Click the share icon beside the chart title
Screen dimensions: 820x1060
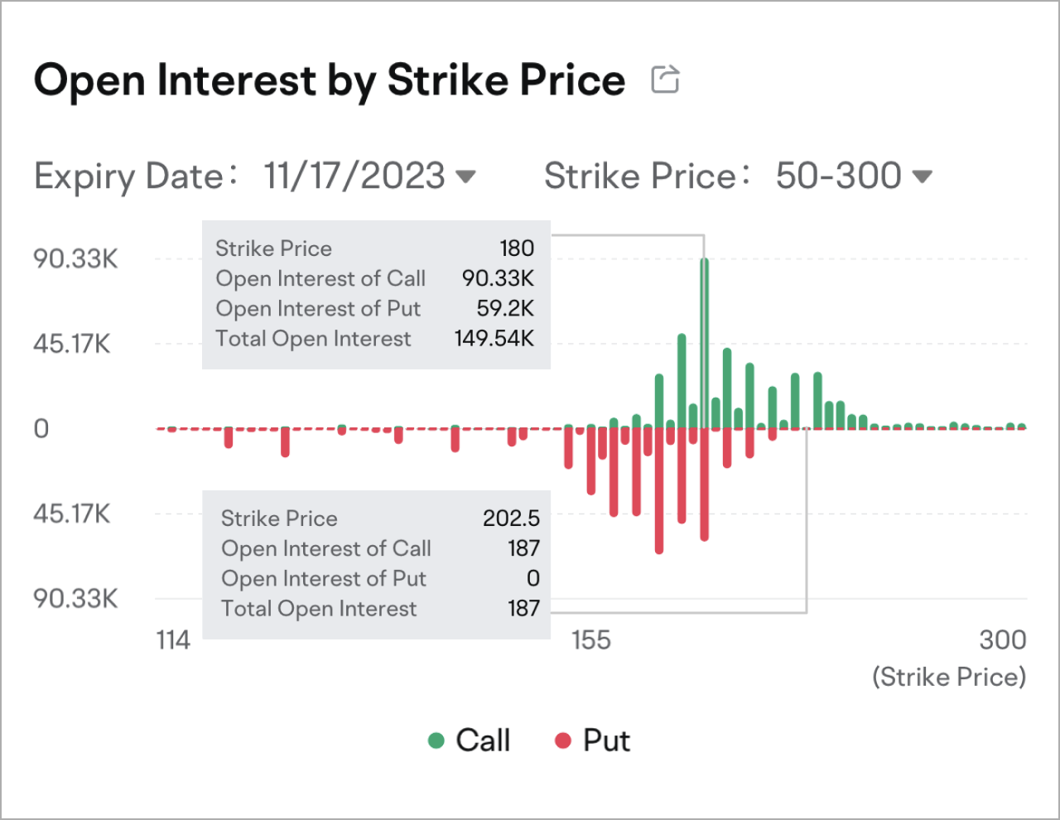pos(665,80)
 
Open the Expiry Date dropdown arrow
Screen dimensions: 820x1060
pos(466,176)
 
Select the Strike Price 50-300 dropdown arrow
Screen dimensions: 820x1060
pos(922,176)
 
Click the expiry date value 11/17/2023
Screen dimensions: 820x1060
pos(354,176)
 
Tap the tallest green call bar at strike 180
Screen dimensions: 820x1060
pos(704,331)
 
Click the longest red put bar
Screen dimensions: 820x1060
pos(659,497)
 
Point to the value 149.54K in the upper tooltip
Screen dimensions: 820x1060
pos(494,339)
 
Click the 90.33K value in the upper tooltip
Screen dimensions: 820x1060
pos(498,278)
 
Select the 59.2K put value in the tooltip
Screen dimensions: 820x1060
pos(504,309)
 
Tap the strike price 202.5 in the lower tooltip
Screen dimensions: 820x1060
pos(511,519)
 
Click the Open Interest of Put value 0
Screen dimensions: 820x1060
pos(532,578)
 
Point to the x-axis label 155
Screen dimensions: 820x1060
pos(590,640)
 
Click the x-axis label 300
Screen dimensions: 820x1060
pos(1002,640)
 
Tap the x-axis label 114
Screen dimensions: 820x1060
pos(173,640)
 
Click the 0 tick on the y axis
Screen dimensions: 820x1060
pos(41,429)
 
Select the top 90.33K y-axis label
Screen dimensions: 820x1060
pos(75,258)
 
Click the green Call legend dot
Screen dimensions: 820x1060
pos(436,740)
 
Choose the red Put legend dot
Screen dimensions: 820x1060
pos(563,740)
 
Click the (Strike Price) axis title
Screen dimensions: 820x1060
pos(948,678)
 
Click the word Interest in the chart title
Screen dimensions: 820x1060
pos(237,80)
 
